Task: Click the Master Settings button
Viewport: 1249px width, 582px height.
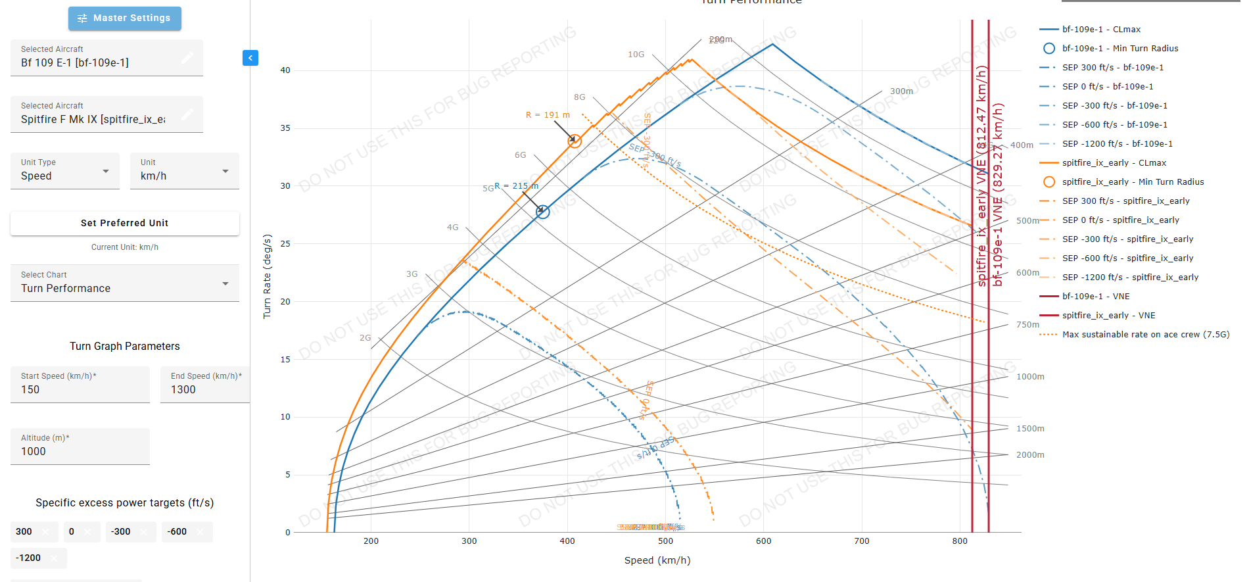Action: coord(125,18)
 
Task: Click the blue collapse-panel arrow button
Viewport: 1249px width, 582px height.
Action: coord(250,58)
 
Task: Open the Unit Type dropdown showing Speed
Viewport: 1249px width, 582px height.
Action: coord(65,171)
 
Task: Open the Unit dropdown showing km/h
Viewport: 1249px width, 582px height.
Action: coord(184,171)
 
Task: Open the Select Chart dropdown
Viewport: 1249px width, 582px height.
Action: coord(125,283)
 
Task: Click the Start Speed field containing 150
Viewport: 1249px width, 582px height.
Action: coord(80,384)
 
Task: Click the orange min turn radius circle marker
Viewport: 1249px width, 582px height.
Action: coord(575,141)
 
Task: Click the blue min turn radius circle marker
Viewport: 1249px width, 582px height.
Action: coord(542,212)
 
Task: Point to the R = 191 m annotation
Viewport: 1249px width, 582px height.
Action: coord(548,115)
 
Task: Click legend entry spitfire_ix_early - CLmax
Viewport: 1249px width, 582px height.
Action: coord(1114,163)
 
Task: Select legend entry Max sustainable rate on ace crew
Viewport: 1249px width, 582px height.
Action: coord(1146,335)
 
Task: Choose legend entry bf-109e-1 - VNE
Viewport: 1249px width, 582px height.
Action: coord(1096,297)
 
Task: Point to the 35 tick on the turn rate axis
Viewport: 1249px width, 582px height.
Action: coord(285,128)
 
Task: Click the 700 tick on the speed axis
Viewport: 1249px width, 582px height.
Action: coord(861,541)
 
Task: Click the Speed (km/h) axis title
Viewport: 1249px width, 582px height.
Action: coord(657,560)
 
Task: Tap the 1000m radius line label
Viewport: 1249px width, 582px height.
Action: coord(1030,377)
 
